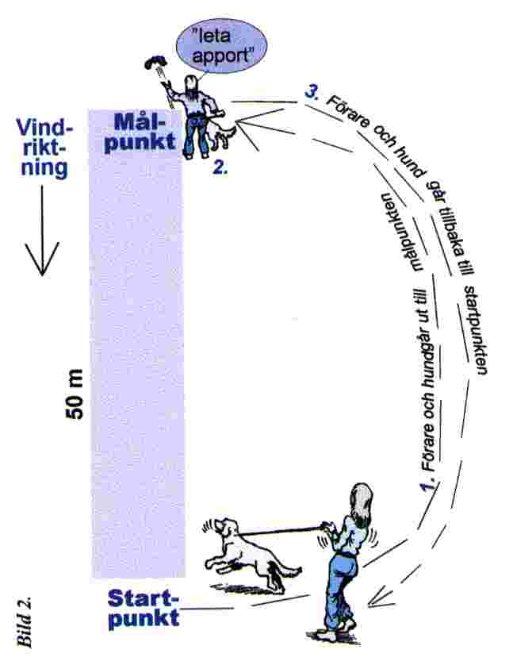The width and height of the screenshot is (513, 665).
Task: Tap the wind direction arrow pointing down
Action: (41, 238)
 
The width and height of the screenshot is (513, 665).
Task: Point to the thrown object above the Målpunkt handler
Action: (156, 63)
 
